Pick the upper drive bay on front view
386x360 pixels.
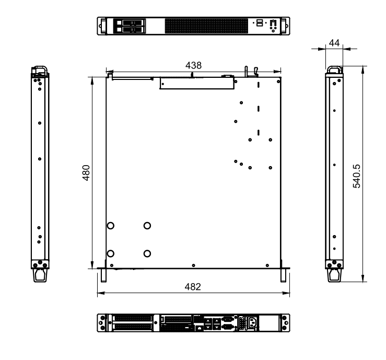pos(128,23)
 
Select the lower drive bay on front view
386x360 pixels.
pos(128,30)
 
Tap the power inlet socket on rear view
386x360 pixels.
pos(249,324)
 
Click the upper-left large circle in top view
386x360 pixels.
pos(111,226)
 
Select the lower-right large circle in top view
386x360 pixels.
pos(147,253)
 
